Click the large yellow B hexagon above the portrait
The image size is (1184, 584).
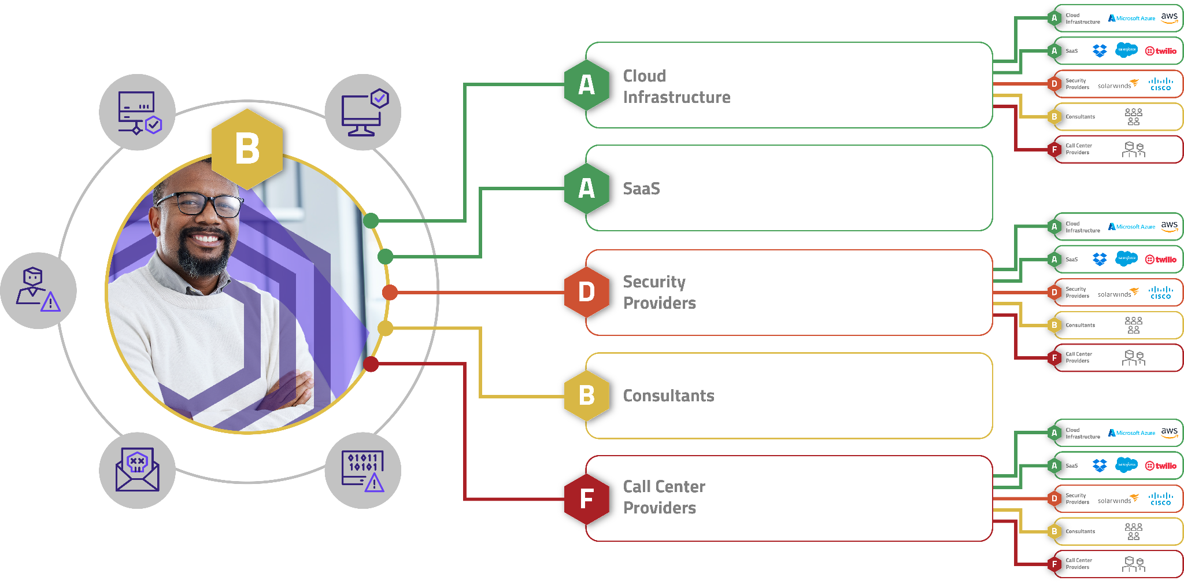point(247,149)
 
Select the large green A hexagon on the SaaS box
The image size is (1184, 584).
point(586,188)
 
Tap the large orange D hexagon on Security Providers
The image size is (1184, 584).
point(586,292)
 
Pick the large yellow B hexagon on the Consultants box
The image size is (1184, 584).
point(586,396)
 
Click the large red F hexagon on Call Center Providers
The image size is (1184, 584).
point(586,498)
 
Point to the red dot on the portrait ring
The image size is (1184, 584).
point(371,364)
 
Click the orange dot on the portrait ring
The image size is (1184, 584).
point(390,293)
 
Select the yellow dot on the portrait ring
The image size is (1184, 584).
point(385,328)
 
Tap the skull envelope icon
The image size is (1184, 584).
point(137,470)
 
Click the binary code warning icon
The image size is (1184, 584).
point(363,470)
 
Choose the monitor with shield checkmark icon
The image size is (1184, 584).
point(364,112)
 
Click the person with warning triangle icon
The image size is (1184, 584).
point(38,290)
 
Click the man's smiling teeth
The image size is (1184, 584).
point(204,238)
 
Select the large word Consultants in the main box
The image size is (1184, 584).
point(668,396)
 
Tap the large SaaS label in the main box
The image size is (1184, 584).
point(641,189)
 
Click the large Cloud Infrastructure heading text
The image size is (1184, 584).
point(676,87)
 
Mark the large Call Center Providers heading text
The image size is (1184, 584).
point(664,497)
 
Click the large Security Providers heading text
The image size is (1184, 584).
point(659,293)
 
